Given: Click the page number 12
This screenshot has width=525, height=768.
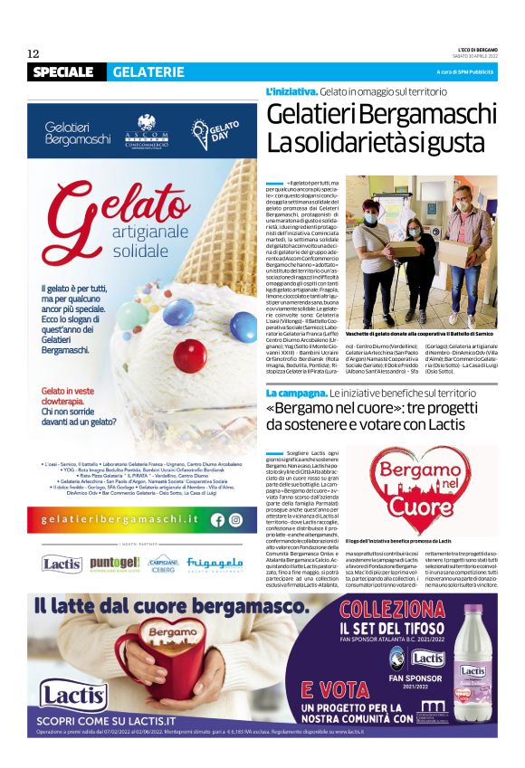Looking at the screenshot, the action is point(33,53).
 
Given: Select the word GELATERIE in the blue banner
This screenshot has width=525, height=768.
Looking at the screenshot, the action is point(148,71).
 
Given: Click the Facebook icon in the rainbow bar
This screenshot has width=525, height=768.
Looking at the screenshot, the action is point(217,520).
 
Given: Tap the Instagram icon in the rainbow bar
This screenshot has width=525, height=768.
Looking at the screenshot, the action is point(235,520).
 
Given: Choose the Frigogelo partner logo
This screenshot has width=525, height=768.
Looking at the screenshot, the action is point(215,564).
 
